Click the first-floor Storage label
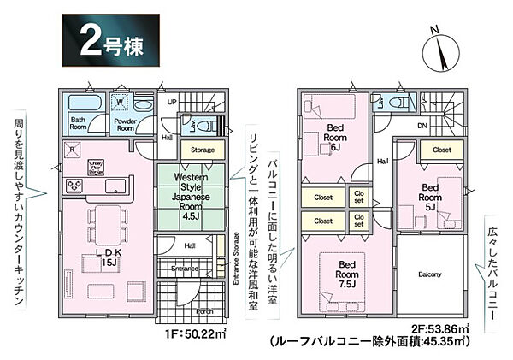pyautogui.click(x=202, y=150)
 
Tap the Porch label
pyautogui.click(x=204, y=311)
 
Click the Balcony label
pyautogui.click(x=430, y=274)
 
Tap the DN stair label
pyautogui.click(x=422, y=125)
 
